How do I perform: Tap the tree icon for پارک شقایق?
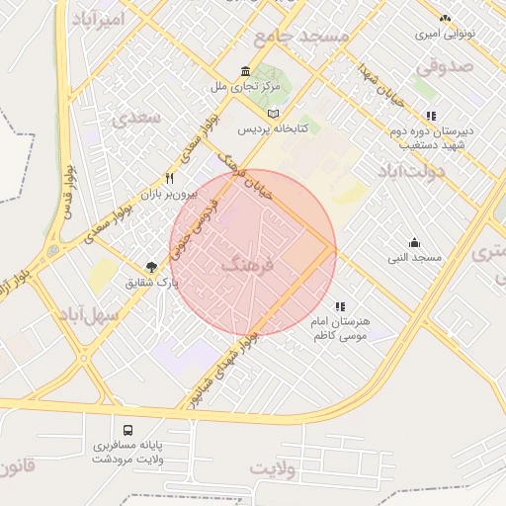[x=151, y=266]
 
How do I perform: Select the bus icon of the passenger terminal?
[x=129, y=430]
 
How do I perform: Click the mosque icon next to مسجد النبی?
[x=414, y=243]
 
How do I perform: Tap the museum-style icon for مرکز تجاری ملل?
[x=246, y=71]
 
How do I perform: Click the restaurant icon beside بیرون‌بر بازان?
[x=170, y=179]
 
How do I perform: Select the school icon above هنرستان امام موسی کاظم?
[x=340, y=307]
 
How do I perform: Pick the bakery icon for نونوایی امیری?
[x=445, y=18]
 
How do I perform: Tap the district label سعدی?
[x=135, y=117]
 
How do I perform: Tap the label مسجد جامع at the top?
[x=301, y=37]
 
